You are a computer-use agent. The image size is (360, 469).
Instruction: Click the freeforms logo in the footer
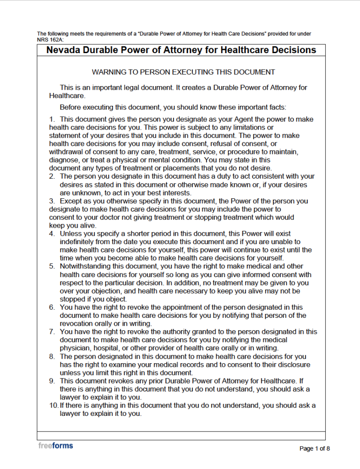55,445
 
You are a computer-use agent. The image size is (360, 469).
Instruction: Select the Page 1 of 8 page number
314,448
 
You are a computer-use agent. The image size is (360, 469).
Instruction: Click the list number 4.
52,234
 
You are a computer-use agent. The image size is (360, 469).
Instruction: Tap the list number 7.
52,332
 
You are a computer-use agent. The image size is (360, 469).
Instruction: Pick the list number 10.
54,405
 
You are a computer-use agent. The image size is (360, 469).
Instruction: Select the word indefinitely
79,242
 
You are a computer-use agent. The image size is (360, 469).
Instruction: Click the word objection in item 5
111,291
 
